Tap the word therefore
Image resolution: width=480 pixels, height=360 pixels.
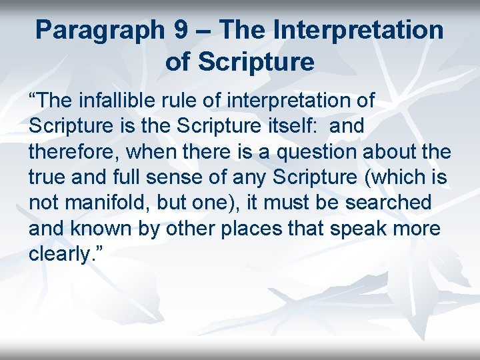point(71,151)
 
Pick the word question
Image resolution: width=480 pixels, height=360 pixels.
point(316,151)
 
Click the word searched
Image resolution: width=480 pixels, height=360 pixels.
point(398,203)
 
